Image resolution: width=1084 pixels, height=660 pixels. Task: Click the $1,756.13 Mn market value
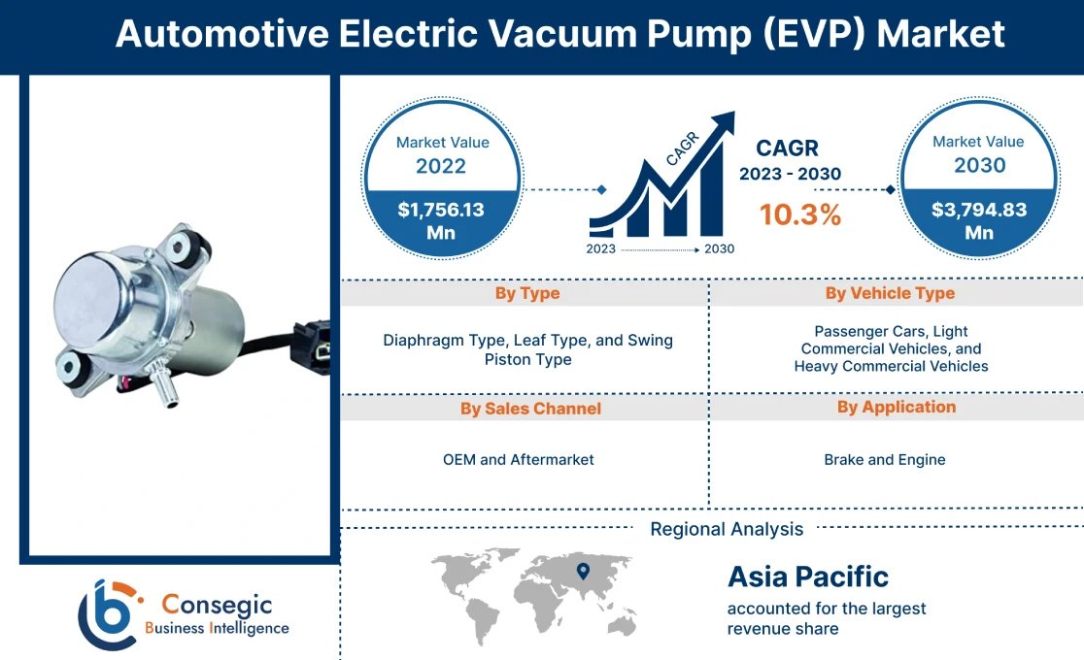(x=441, y=221)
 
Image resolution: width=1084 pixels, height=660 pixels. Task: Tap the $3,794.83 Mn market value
(x=978, y=221)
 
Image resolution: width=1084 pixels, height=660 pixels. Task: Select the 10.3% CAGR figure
(x=799, y=214)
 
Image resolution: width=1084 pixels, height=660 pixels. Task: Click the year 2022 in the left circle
(x=441, y=166)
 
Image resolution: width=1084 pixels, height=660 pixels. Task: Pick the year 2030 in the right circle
(x=978, y=165)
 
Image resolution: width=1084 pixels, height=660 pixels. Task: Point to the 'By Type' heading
(x=526, y=293)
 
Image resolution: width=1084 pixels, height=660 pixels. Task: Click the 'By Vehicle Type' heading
(x=890, y=293)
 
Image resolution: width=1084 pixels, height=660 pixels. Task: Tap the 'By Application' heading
(x=896, y=408)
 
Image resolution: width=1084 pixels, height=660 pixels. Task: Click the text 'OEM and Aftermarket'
(x=518, y=459)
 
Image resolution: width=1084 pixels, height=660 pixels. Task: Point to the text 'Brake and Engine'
(x=884, y=459)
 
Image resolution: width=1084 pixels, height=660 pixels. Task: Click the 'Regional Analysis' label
(x=727, y=529)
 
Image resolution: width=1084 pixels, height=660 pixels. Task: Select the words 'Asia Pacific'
(x=808, y=577)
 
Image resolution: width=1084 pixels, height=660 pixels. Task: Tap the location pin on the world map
(x=583, y=571)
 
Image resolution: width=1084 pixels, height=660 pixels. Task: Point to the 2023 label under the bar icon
(x=601, y=248)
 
